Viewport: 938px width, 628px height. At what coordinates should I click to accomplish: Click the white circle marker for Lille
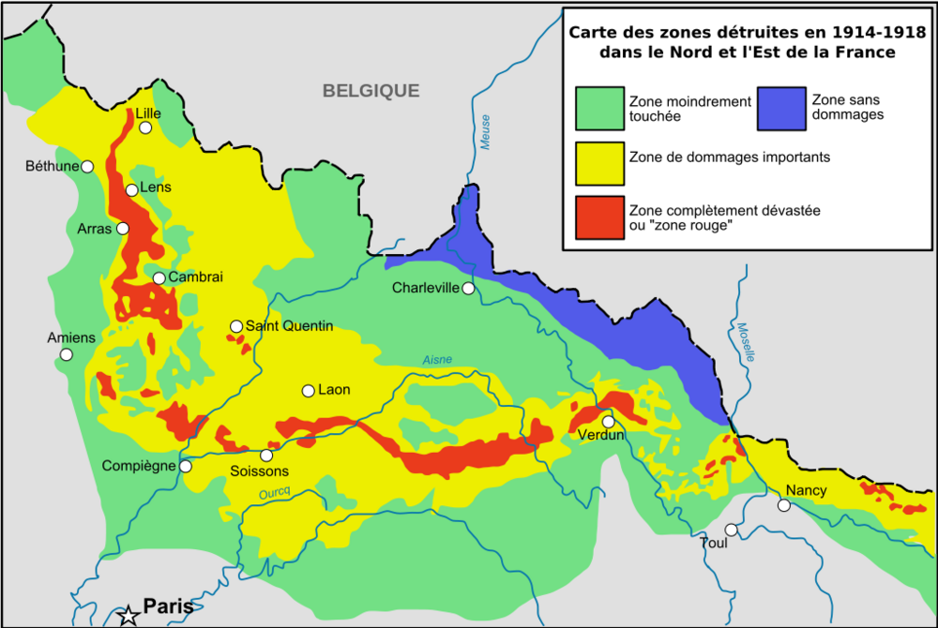point(146,127)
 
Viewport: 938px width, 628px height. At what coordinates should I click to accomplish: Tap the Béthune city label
point(52,166)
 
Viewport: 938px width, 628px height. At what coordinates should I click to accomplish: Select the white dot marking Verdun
point(609,422)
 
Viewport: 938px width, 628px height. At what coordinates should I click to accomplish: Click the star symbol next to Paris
point(129,616)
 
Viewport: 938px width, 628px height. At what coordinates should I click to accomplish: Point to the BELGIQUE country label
point(371,91)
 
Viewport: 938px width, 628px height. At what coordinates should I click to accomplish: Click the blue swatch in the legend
point(781,109)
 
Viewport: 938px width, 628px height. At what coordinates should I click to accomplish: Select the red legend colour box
point(600,218)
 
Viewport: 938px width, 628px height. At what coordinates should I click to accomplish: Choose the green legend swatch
point(600,109)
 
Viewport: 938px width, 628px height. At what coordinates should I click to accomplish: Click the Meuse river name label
point(484,130)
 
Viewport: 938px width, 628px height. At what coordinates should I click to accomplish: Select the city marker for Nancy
point(784,505)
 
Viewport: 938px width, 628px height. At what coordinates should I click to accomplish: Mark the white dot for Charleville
point(467,288)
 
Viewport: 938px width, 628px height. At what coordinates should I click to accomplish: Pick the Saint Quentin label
point(289,326)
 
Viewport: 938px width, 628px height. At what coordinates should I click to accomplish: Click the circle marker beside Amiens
point(67,354)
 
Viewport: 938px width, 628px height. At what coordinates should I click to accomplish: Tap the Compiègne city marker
point(186,466)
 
